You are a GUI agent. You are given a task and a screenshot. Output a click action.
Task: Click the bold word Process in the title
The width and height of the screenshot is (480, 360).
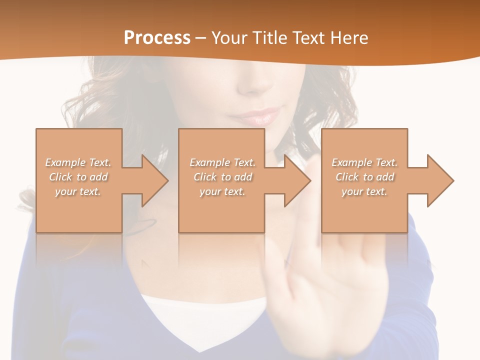pyautogui.click(x=157, y=37)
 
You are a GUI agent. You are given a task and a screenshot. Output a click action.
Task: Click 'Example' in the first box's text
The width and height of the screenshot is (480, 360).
pyautogui.click(x=65, y=162)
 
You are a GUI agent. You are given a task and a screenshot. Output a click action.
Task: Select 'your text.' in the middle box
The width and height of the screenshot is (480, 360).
pyautogui.click(x=222, y=191)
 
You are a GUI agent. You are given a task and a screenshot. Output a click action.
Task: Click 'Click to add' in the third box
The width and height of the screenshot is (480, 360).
pyautogui.click(x=365, y=177)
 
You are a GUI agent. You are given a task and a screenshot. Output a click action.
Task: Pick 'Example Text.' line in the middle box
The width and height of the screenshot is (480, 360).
pyautogui.click(x=222, y=162)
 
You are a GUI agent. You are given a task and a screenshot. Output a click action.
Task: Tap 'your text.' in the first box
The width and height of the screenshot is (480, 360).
pyautogui.click(x=77, y=191)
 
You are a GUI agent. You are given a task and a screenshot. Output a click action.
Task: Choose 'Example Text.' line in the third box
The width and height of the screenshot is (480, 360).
pyautogui.click(x=364, y=162)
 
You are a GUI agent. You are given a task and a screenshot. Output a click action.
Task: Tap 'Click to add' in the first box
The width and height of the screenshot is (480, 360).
pyautogui.click(x=78, y=177)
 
